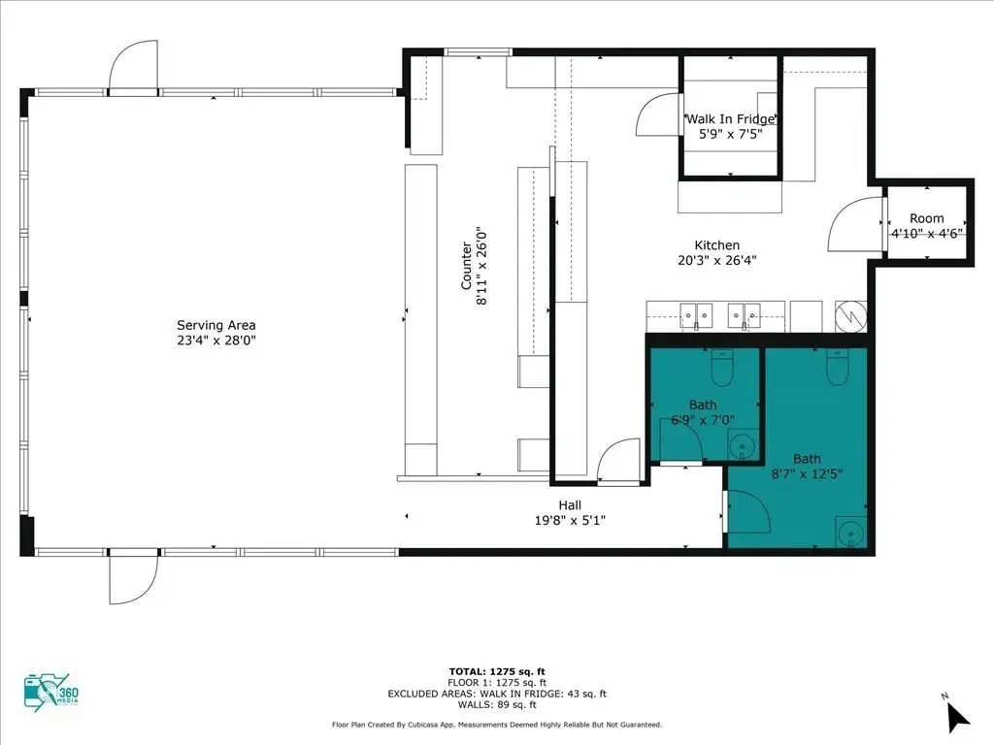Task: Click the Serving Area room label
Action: click(216, 325)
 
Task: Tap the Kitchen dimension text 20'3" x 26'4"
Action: click(717, 260)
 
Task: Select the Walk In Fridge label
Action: click(731, 119)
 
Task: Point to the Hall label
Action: click(570, 505)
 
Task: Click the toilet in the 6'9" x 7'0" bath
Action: click(722, 368)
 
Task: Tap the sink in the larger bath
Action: click(850, 533)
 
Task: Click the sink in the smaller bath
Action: click(743, 444)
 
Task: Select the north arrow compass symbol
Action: click(956, 716)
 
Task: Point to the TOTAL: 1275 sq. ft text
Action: click(497, 671)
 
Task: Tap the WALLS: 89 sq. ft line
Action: click(497, 704)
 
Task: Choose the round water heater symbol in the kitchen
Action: click(850, 315)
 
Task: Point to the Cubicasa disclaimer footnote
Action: click(497, 725)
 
